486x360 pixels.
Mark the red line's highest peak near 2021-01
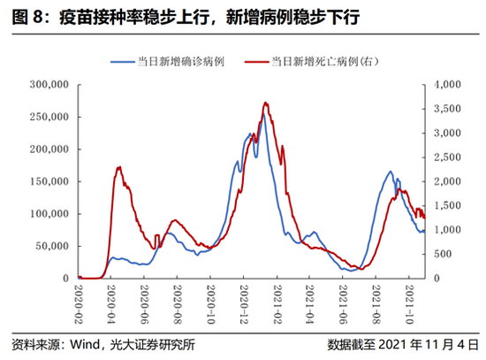coord(266,103)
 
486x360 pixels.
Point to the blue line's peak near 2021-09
coord(390,172)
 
